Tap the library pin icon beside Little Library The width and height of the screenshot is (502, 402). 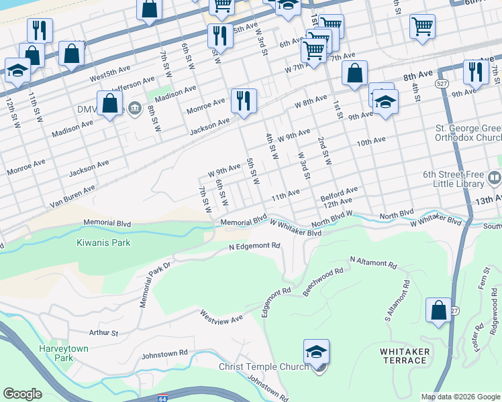coord(495,178)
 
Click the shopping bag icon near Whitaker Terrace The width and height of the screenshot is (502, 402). coord(438,310)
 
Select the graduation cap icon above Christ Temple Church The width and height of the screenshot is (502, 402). coord(317,351)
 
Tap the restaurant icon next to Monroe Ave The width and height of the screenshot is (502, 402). coord(243,101)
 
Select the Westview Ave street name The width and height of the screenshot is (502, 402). coord(221,316)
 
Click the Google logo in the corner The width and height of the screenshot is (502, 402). coord(23,394)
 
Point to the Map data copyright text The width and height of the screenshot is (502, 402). coord(460,397)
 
